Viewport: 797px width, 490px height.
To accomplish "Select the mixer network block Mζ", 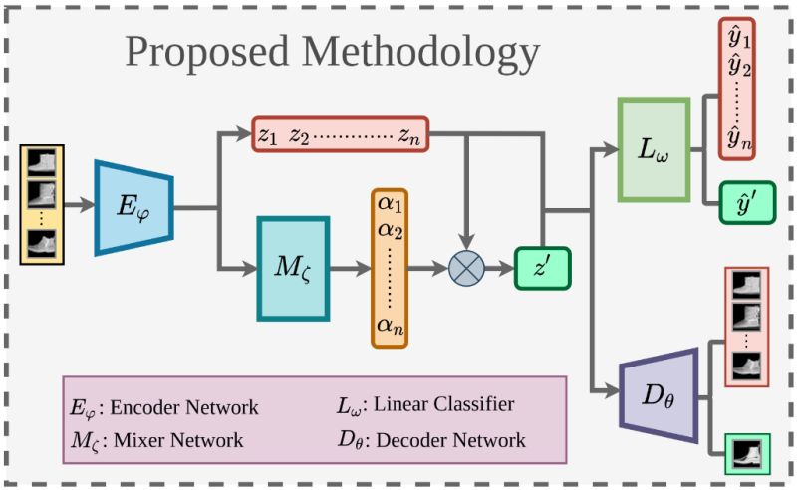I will click(293, 268).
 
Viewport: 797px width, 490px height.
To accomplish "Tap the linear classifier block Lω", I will click(653, 149).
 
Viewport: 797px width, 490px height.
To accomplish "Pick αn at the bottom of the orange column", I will click(390, 324).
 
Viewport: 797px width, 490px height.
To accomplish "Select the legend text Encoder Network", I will click(184, 406).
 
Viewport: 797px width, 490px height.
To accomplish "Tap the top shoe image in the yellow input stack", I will click(42, 161).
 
